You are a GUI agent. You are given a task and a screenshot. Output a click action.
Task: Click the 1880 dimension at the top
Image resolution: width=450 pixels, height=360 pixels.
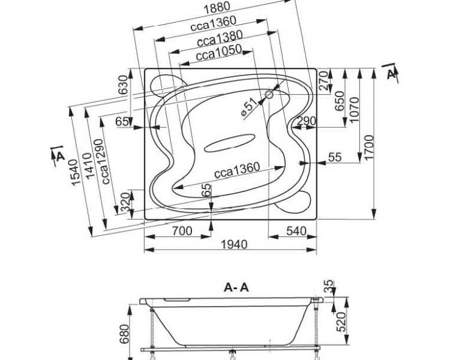217,8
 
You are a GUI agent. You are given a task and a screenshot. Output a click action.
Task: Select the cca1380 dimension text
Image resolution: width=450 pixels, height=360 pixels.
220,38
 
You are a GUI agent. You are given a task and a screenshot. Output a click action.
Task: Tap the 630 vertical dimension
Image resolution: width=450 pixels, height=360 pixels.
123,85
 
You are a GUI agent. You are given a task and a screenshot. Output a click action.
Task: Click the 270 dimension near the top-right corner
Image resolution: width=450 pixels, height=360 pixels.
323,81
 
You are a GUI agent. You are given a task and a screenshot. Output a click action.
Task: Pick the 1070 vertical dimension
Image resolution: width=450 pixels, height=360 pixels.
355,110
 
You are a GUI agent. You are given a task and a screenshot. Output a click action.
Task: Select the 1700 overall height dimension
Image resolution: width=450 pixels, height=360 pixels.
369,147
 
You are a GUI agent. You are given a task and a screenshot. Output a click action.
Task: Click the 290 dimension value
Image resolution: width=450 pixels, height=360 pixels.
306,121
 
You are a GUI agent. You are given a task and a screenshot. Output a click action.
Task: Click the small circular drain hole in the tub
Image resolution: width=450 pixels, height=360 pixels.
269,94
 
